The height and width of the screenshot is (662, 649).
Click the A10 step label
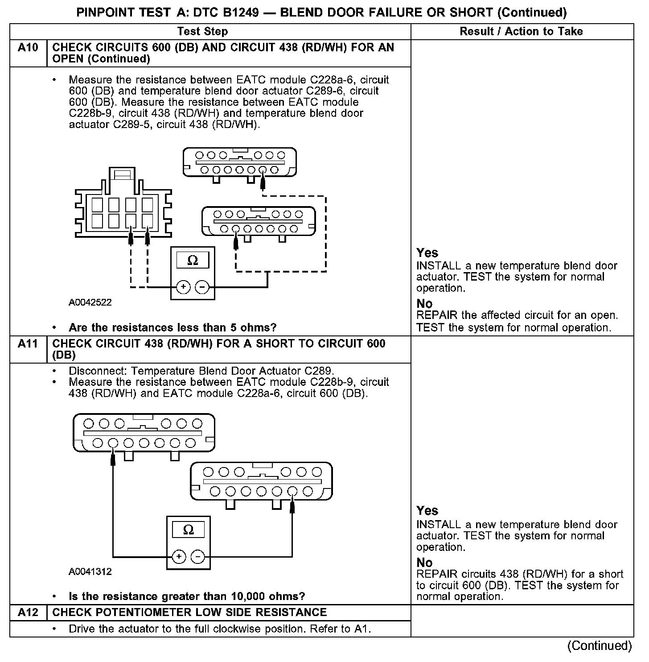tap(28, 47)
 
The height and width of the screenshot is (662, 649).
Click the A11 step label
tap(28, 343)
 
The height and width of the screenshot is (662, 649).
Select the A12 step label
tap(28, 612)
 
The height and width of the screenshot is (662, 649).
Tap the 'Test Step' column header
tap(202, 31)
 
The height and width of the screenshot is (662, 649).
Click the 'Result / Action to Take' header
tap(521, 31)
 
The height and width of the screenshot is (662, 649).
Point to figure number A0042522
tap(90, 302)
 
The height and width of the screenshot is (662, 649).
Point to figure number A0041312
tap(90, 571)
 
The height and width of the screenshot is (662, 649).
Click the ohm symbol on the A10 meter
tap(193, 261)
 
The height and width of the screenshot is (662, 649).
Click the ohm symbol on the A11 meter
tap(189, 530)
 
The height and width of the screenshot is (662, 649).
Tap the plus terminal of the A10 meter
tap(183, 287)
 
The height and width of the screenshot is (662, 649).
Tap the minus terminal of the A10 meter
tap(202, 287)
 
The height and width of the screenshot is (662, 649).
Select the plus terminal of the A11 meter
tap(179, 557)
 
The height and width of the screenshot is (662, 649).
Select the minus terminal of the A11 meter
tap(198, 557)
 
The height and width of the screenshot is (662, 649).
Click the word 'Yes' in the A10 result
tap(427, 253)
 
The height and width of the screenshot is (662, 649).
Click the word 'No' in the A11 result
tap(424, 562)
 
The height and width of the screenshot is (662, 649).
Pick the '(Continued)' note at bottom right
tap(599, 645)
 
